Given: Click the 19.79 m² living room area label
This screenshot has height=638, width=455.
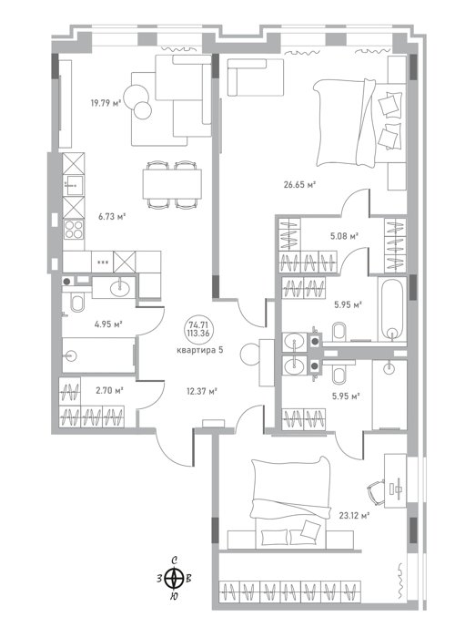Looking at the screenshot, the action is click(x=106, y=103).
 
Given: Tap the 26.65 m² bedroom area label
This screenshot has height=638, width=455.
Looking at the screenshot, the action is click(x=299, y=185).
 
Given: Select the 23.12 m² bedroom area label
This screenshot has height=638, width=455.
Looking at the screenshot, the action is click(x=354, y=516).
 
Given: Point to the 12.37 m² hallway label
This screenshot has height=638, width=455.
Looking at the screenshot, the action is click(x=202, y=391).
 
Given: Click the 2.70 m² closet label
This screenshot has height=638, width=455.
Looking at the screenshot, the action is click(x=109, y=391).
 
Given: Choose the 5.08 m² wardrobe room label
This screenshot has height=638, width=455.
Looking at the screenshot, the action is click(x=344, y=236).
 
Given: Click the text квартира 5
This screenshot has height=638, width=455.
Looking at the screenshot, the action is click(x=199, y=350).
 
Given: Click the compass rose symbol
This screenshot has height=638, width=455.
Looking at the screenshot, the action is click(x=174, y=578).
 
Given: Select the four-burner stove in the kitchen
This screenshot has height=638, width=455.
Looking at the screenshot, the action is click(x=74, y=229).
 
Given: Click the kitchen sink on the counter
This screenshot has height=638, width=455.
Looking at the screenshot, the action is click(x=74, y=186).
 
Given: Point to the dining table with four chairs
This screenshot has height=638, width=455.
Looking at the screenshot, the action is click(x=172, y=184).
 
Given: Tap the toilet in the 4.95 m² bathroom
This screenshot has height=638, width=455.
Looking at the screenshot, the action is click(x=77, y=304).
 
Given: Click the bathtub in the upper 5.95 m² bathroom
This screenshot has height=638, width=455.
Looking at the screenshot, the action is click(x=392, y=309).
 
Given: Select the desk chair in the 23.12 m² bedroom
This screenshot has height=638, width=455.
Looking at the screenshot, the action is click(x=376, y=492).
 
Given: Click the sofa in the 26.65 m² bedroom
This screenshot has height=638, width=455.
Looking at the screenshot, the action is click(x=256, y=77).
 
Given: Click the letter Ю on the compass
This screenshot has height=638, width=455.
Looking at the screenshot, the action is click(x=174, y=596).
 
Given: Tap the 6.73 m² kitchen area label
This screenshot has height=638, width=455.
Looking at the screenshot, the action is click(x=111, y=217).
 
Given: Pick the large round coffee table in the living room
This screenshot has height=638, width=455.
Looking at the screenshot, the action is click(x=136, y=97).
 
